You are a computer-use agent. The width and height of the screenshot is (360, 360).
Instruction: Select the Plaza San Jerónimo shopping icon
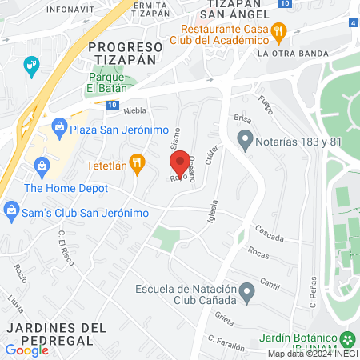tap(59, 126)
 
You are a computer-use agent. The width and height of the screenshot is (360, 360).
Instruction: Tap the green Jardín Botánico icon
tap(347, 338)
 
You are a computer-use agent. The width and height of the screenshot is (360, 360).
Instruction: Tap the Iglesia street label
tap(212, 212)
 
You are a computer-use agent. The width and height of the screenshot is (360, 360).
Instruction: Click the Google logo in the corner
tap(26, 350)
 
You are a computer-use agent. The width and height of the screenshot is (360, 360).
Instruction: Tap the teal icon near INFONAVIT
tap(31, 64)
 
